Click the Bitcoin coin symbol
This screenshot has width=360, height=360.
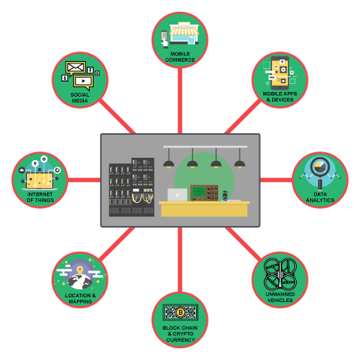180,312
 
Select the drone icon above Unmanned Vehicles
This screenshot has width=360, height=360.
280,274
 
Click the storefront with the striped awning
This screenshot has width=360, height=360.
184,33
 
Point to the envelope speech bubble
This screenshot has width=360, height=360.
75,68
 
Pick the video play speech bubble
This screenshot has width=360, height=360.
83,82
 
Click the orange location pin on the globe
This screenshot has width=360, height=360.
80,270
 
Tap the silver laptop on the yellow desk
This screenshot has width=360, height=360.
178,195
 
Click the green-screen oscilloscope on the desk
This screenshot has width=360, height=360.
199,193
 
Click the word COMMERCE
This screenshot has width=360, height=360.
180,60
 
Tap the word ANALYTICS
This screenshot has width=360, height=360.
320,201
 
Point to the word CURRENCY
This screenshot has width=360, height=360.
181,340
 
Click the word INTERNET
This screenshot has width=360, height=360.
40,194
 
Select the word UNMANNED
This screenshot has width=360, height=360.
280,294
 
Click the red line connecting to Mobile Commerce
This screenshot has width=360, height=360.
180,101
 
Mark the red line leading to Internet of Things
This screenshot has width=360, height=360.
84,180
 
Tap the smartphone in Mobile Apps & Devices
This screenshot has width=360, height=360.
280,73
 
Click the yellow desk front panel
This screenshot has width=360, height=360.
204,210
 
